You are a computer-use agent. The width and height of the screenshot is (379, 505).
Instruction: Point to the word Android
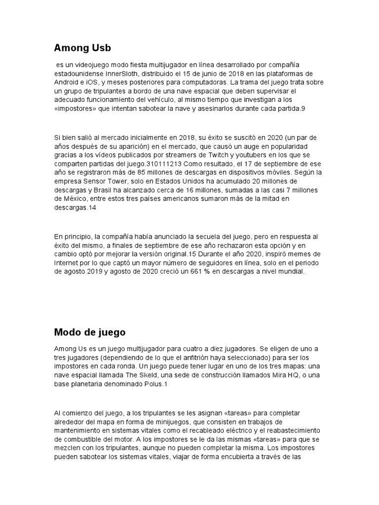66,82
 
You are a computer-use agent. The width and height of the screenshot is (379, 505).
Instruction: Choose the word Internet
68,262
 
